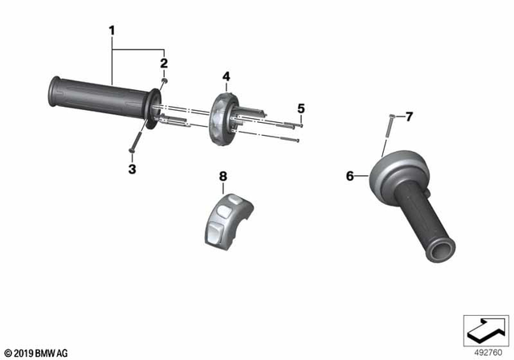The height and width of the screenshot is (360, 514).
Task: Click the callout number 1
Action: tap(112, 31)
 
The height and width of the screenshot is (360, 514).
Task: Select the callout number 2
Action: tap(163, 63)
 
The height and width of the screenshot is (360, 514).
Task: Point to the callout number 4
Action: tap(226, 77)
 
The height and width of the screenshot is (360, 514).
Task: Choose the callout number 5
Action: tap(301, 108)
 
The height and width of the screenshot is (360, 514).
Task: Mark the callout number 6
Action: tap(350, 175)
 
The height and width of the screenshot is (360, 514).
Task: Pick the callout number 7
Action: tap(408, 117)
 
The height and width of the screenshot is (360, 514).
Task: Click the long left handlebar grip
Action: tap(96, 99)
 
